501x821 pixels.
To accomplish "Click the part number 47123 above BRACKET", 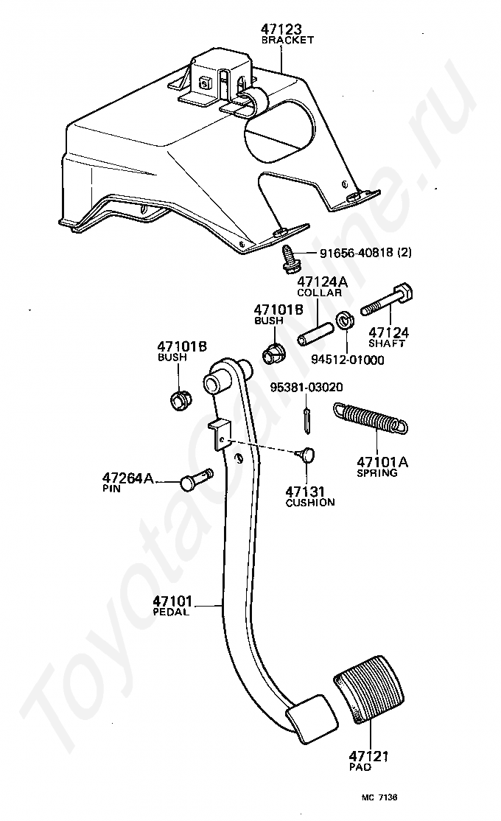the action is click(281, 29).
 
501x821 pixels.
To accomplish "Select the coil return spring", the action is click(370, 418).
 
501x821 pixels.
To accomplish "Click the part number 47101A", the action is click(382, 462).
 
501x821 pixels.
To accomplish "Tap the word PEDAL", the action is click(171, 612).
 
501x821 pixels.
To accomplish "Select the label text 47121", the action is click(368, 756).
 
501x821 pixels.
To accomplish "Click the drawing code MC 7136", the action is click(379, 797).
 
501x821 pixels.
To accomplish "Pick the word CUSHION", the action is click(310, 503).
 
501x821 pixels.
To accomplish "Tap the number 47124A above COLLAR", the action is click(323, 282).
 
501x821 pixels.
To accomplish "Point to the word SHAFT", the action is click(386, 343).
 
